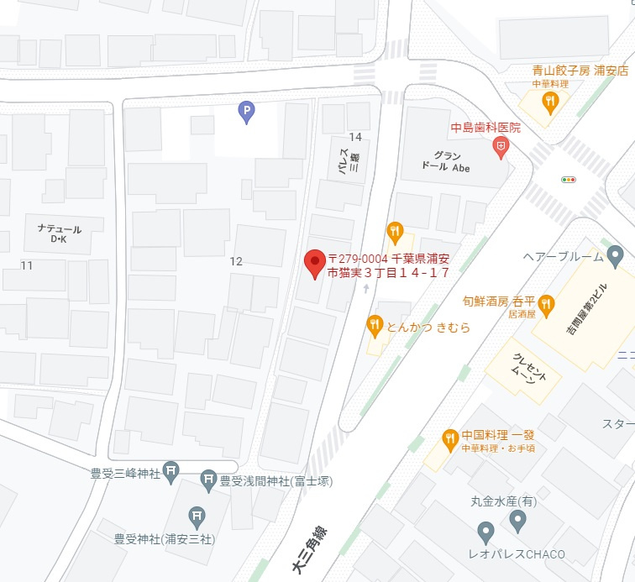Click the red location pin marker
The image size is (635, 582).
point(315,264)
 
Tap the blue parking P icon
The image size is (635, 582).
point(245,111)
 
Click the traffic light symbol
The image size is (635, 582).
point(569,179)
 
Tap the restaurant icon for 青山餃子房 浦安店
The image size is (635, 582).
point(549,102)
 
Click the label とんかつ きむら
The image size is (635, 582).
point(428,327)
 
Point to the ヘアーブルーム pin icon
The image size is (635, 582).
point(616,256)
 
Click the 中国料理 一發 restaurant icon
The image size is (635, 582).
point(450,438)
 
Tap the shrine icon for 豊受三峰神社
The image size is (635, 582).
point(171,472)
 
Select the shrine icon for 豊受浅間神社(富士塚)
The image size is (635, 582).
point(207,480)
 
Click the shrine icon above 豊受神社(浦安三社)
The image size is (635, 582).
point(196,516)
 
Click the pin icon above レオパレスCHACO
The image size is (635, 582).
point(485,531)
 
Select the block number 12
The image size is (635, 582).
point(236,261)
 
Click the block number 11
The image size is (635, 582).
point(27,265)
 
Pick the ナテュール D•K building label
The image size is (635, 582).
point(59,233)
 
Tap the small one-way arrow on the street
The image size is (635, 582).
point(365,288)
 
